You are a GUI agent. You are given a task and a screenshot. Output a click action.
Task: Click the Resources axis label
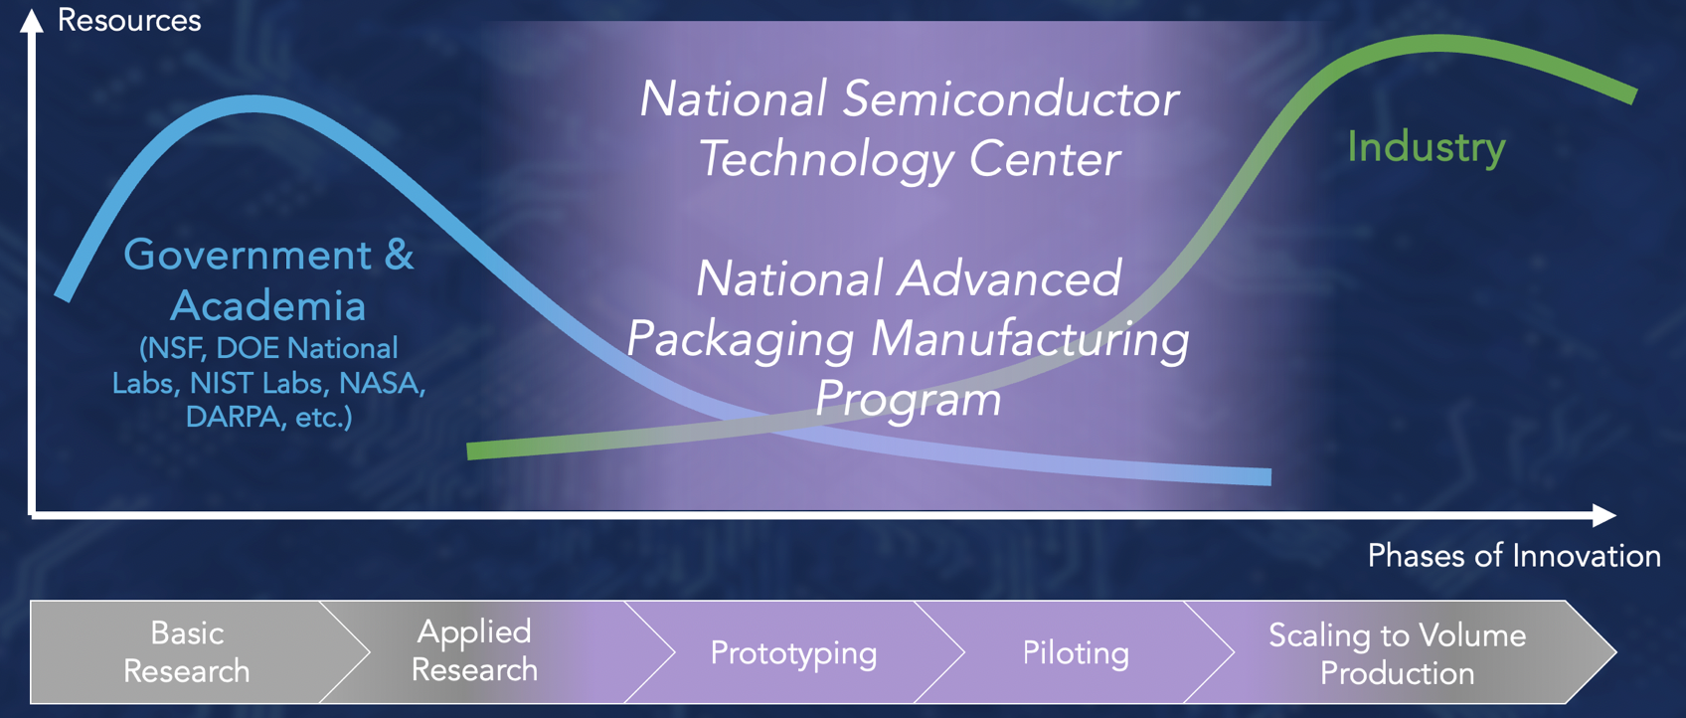click(129, 20)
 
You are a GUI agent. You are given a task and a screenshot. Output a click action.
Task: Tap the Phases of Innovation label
click(1514, 556)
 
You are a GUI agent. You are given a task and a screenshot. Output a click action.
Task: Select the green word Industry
click(1427, 147)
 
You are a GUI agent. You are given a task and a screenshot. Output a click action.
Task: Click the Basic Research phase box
click(187, 651)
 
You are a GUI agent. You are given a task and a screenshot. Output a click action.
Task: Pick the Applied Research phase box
click(482, 651)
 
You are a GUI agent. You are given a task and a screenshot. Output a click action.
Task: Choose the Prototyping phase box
click(793, 651)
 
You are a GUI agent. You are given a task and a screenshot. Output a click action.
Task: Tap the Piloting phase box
click(1075, 651)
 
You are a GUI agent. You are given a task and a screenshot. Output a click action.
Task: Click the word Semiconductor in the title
click(1010, 98)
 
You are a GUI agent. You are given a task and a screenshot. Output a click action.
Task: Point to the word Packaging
click(741, 340)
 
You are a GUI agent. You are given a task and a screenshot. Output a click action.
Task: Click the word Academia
click(268, 305)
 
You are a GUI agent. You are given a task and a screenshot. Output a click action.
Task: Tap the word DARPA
click(234, 417)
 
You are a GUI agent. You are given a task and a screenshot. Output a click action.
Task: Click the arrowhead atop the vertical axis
click(31, 20)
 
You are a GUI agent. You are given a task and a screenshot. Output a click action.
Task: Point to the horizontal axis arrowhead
click(1604, 515)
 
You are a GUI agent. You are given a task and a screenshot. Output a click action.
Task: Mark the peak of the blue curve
click(255, 103)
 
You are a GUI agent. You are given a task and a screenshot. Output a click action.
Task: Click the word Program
click(909, 400)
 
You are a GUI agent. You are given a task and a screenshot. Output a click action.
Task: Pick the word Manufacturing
click(1030, 340)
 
